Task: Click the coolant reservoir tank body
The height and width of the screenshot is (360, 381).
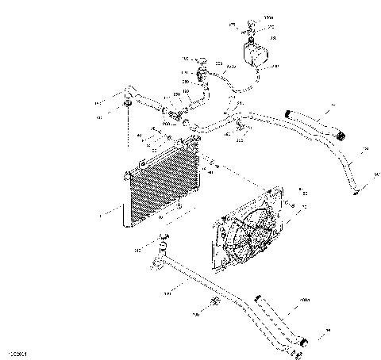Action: [258, 53]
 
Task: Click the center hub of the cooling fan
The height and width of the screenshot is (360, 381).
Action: [248, 229]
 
